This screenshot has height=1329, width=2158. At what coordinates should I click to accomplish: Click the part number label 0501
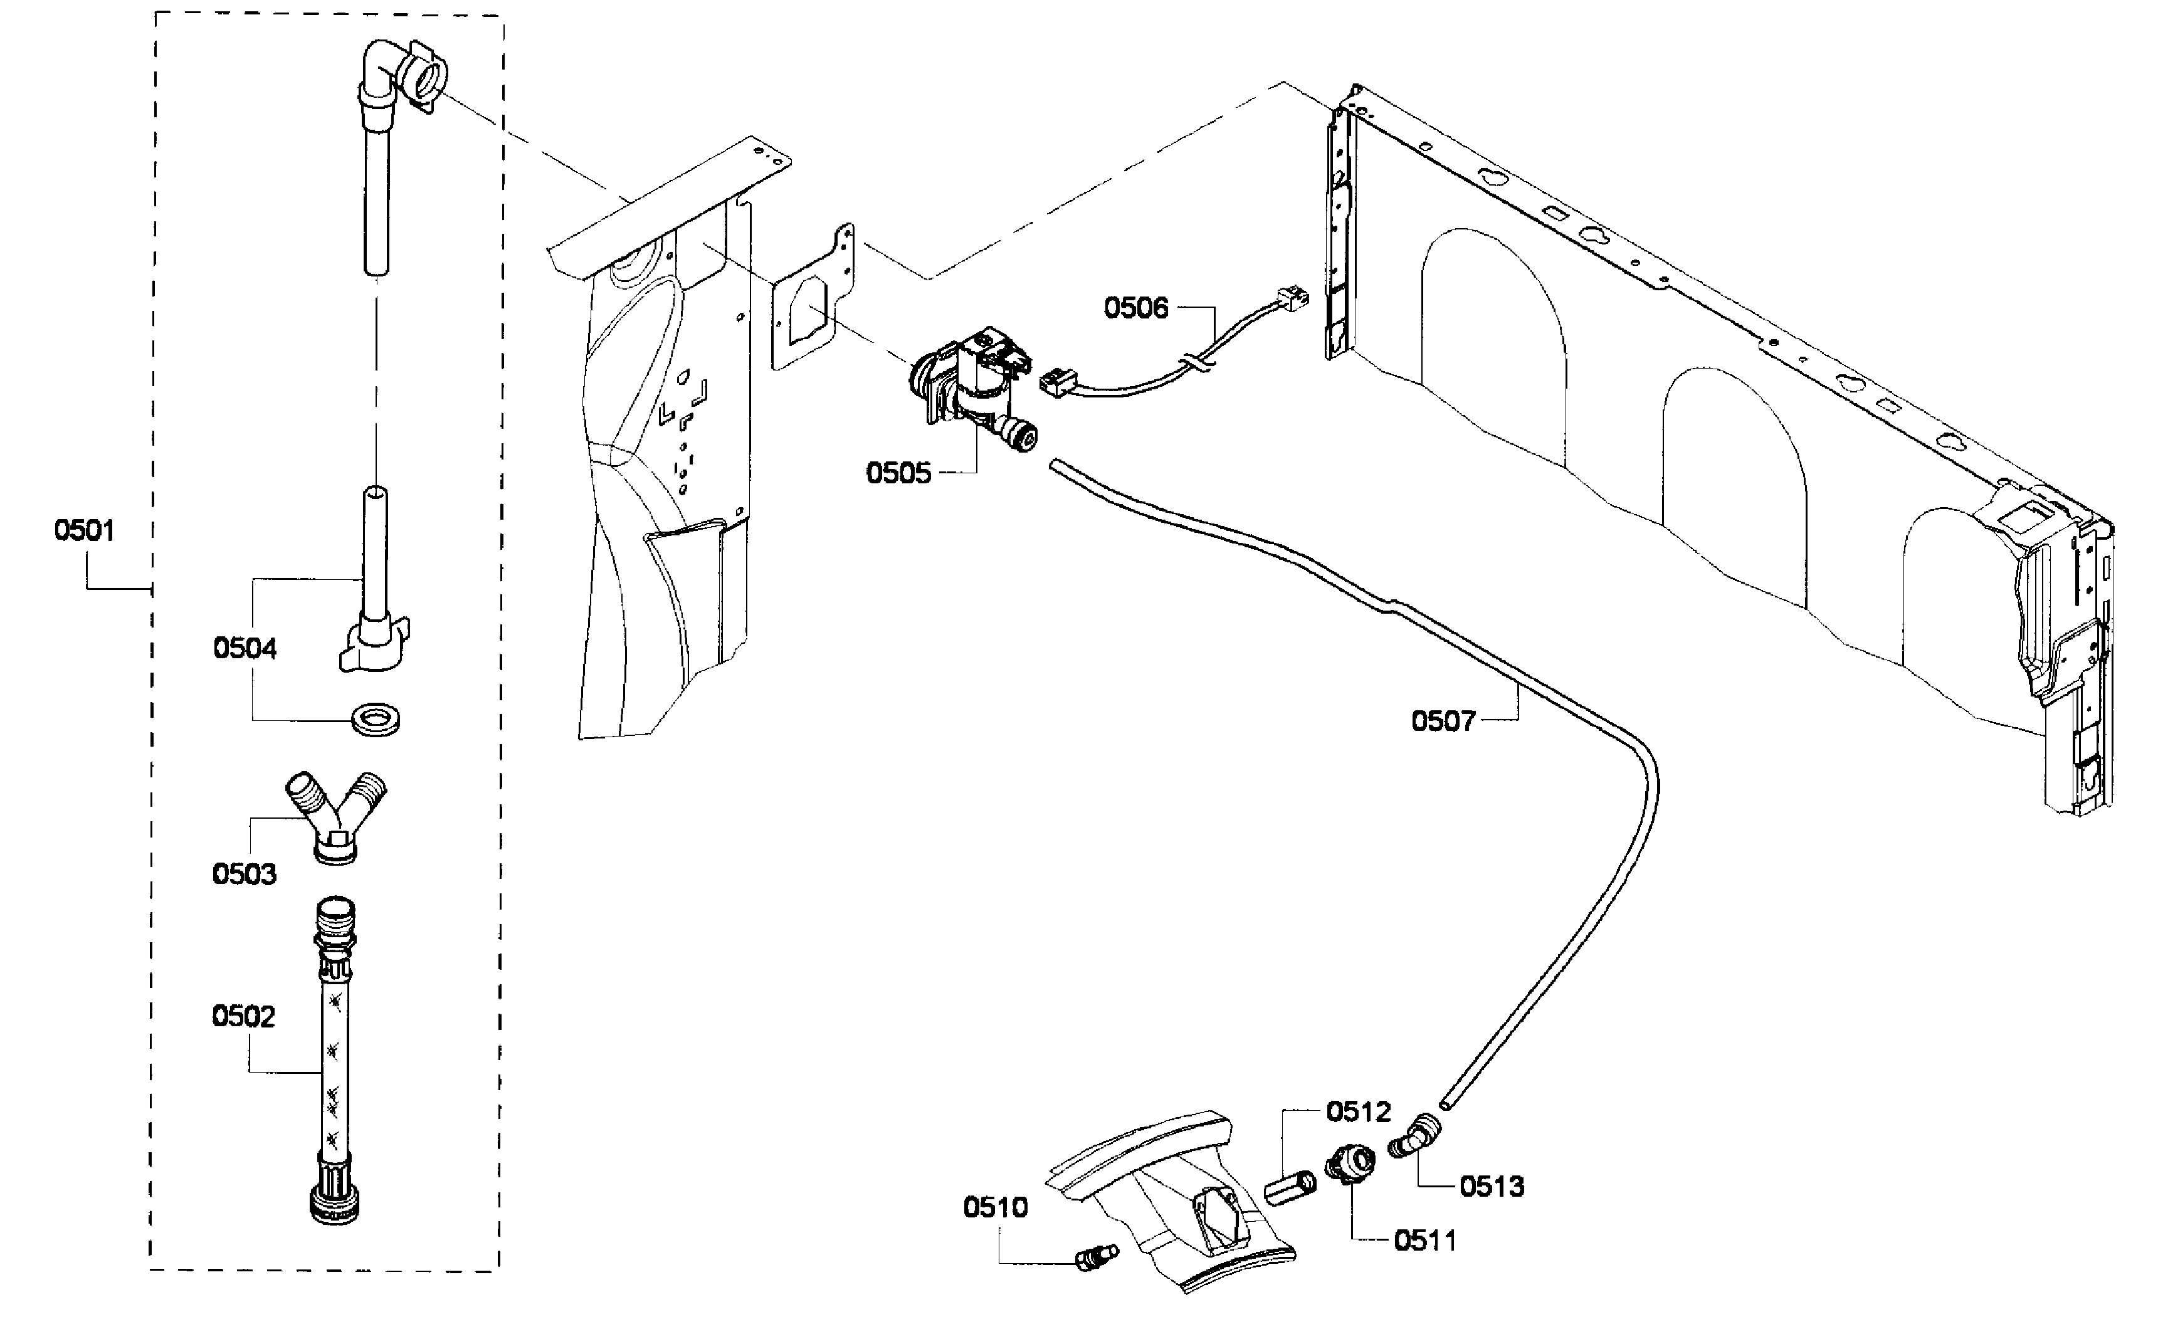tap(85, 531)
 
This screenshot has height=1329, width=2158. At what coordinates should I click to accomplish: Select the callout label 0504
tap(245, 649)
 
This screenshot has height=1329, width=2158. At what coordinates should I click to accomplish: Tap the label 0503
tap(245, 875)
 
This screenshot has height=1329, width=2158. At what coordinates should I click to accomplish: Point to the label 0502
tap(243, 1017)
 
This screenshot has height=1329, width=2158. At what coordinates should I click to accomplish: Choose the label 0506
tap(1137, 308)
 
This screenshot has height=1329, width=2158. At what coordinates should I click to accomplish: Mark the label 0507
tap(1443, 722)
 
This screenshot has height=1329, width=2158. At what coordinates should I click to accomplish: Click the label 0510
tap(995, 1208)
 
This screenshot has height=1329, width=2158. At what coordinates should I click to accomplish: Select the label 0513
tap(1492, 1187)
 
